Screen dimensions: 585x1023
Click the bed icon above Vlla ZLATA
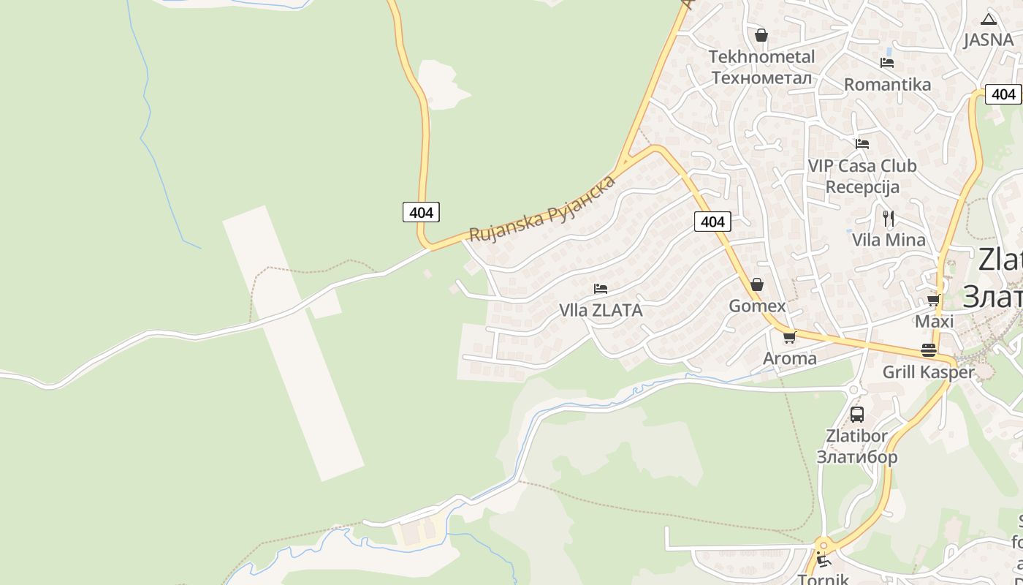[601, 289]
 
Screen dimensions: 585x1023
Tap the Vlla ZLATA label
[601, 310]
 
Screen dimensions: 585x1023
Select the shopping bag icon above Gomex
[757, 284]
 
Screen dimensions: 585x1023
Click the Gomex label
[757, 306]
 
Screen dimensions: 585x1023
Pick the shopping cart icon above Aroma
[789, 338]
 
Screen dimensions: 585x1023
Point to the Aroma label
[789, 358]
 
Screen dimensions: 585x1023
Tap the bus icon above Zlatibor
[857, 415]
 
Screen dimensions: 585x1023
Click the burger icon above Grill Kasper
[929, 350]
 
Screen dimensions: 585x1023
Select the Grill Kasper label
[929, 372]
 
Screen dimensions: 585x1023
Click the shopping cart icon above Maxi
[933, 301]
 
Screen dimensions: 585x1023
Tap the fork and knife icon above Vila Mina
[889, 218]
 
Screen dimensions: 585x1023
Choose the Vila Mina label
[889, 240]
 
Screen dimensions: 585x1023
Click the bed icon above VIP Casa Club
[862, 144]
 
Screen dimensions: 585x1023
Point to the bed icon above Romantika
[887, 63]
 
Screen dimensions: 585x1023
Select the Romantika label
[887, 84]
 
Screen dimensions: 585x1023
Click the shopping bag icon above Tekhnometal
[761, 35]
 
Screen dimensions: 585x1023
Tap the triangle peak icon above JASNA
[989, 19]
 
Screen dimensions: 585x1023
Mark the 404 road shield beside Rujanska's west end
[422, 212]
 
